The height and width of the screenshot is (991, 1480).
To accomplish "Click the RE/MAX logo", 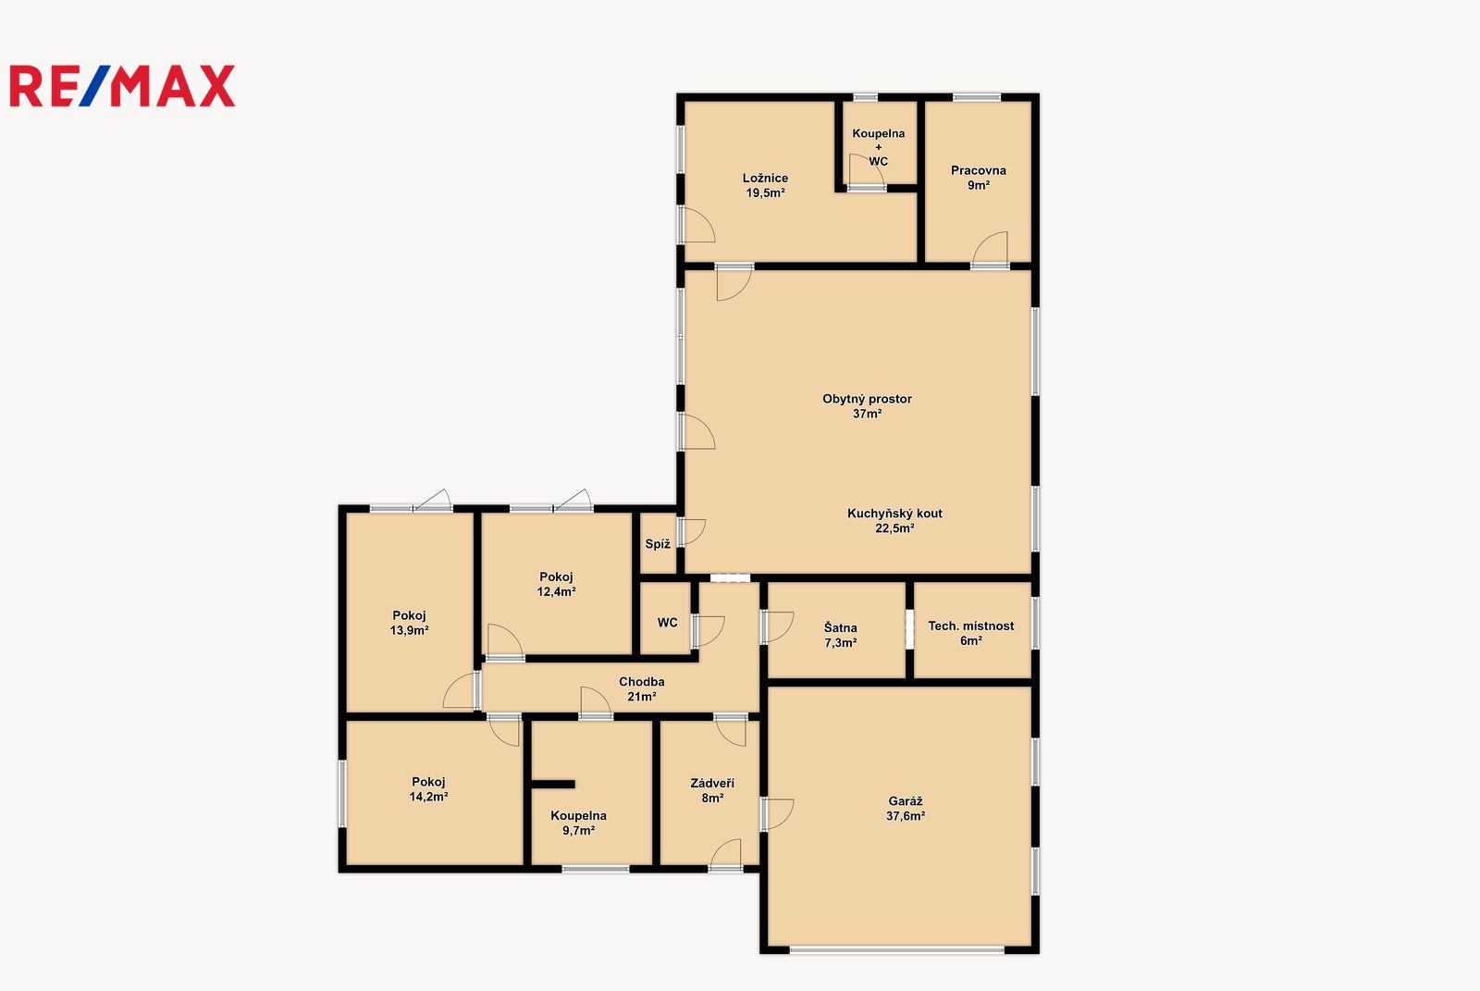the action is point(122,86).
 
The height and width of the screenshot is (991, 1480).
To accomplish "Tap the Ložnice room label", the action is point(765,178).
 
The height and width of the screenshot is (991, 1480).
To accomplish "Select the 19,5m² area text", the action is point(765,193).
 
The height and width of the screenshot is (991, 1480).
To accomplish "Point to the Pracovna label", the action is point(979,170).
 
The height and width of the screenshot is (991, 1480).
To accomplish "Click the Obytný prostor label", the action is point(867,399).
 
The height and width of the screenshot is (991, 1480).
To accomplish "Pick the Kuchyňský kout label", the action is point(894,513).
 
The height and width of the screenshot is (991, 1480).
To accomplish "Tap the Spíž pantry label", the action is point(658,544).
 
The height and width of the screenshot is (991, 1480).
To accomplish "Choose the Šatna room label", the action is point(841,627).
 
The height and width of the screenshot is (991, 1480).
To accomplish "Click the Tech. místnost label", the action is point(970,626).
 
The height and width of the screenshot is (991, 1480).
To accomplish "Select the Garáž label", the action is point(906,801).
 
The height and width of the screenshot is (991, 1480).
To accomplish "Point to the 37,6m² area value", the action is point(906,816).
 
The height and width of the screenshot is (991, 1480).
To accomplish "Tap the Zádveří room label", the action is point(712,784).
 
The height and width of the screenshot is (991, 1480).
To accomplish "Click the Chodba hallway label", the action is point(642,682).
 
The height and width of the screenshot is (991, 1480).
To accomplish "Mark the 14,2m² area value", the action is point(428,798).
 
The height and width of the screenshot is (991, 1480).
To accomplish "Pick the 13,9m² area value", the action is point(409,631).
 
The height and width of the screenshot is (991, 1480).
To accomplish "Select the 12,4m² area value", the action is point(556,591).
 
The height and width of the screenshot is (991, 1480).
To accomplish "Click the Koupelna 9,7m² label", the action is point(578,824).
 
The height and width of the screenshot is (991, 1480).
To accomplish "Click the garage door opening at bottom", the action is point(896,950).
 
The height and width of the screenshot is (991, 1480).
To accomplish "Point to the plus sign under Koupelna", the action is point(878,147).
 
